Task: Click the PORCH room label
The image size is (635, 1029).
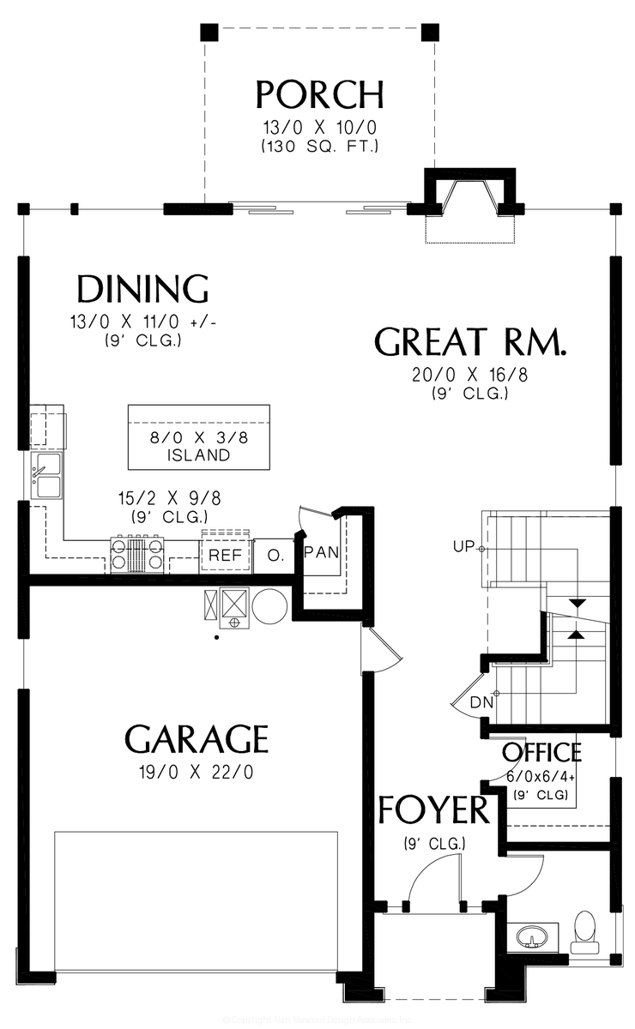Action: (319, 94)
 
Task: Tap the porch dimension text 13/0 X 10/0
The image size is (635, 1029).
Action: (320, 128)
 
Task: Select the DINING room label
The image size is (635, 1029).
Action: (142, 290)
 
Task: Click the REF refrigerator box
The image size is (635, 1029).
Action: (226, 556)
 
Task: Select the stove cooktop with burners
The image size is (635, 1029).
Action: (136, 554)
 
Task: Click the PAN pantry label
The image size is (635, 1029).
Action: (322, 551)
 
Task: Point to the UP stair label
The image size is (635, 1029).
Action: (464, 547)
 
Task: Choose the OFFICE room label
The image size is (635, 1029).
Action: (541, 753)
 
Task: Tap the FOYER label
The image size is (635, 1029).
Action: (433, 809)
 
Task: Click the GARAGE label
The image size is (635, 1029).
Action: (197, 737)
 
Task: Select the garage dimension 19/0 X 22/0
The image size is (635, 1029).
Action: (197, 772)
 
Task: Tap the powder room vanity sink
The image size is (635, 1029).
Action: (533, 936)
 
